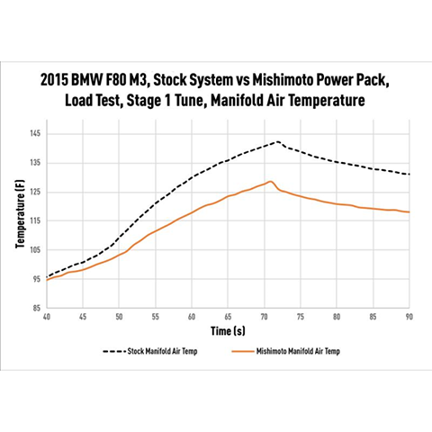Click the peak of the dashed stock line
point(278,141)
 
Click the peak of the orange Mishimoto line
point(269,181)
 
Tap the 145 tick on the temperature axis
point(35,134)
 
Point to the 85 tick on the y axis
point(36,308)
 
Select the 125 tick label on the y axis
point(35,192)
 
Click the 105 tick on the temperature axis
point(35,250)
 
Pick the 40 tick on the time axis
point(47,317)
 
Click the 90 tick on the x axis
point(409,317)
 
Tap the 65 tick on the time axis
point(228,317)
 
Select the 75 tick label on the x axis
point(301,317)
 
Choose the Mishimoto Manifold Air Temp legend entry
point(289,352)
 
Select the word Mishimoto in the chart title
point(297,79)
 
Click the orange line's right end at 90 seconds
point(409,212)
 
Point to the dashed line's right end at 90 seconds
point(409,175)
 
